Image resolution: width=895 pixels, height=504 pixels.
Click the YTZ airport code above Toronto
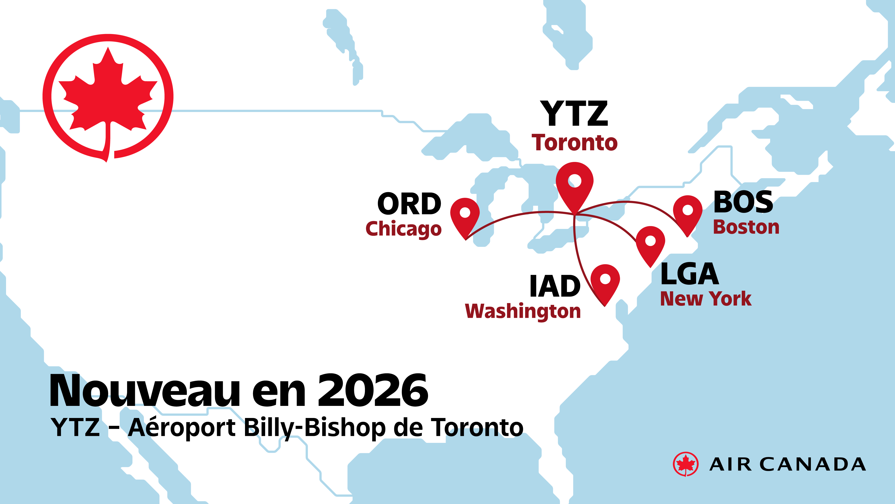pos(574,114)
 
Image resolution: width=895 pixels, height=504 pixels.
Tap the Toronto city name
pos(575,143)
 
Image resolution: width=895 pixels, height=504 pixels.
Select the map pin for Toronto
pos(575,183)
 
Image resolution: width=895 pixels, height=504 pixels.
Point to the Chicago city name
pos(403,229)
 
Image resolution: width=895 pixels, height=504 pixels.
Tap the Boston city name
pos(746,227)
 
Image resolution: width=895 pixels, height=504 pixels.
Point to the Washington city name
pos(523,311)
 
